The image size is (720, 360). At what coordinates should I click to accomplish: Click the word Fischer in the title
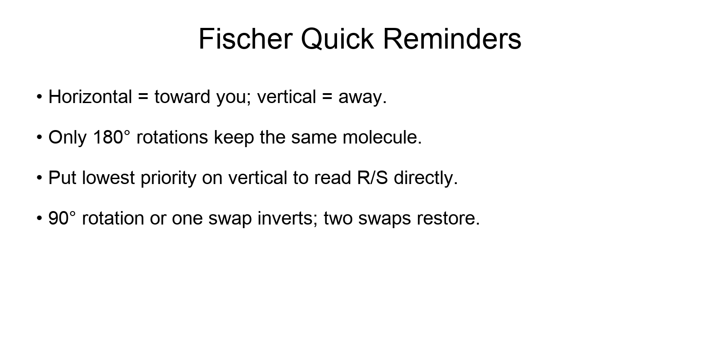[245, 39]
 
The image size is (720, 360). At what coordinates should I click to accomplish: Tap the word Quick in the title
[337, 39]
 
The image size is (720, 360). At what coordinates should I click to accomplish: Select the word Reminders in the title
[452, 39]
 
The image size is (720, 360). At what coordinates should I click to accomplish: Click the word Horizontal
[90, 97]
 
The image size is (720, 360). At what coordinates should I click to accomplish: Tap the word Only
[67, 137]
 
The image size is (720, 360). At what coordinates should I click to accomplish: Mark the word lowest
[108, 178]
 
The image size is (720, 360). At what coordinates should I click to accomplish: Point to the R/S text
[373, 178]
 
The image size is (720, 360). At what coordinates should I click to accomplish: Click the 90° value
[62, 218]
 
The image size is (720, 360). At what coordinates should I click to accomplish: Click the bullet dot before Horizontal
[40, 97]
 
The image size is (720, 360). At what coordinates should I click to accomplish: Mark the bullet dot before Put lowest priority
[40, 178]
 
